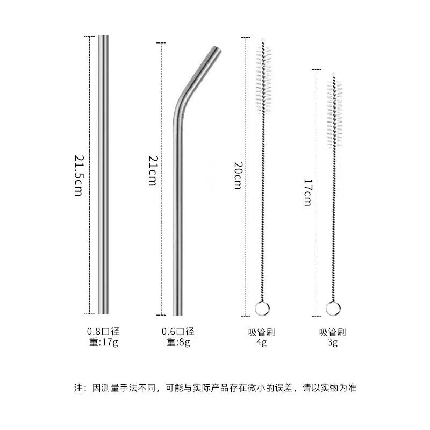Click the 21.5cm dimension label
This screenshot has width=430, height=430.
78,175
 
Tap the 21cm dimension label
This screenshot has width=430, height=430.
152,171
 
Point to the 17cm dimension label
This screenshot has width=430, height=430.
307,192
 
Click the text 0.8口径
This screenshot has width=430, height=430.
103,332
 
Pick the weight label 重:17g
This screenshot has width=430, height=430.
104,342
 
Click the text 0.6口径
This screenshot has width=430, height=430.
178,332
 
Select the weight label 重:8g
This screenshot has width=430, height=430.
178,342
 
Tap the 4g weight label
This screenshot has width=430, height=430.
261,342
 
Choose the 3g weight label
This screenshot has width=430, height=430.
333,342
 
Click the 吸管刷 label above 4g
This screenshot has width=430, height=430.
262,332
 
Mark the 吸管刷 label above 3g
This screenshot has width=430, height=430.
333,332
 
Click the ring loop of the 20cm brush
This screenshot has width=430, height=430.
261,308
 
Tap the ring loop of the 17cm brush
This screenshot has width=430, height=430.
333,308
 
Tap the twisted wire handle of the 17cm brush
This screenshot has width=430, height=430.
333,226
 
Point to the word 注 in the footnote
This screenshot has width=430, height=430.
77,387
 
